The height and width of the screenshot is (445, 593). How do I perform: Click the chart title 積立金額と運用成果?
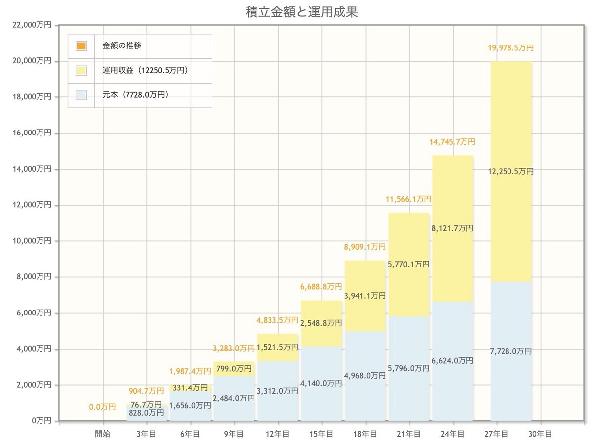(x=301, y=12)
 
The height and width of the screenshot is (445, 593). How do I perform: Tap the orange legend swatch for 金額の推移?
(x=82, y=46)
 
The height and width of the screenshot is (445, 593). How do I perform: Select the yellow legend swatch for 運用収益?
(x=82, y=71)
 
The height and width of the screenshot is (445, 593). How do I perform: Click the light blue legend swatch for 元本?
(x=82, y=95)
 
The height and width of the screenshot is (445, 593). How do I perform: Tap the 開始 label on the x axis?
(x=103, y=434)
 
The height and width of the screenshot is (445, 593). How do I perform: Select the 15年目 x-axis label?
(x=322, y=434)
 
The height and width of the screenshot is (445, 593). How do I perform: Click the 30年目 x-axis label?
(x=540, y=434)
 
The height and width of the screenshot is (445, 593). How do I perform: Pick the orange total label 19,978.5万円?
(x=510, y=48)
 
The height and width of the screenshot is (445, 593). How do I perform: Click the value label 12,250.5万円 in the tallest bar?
(x=510, y=171)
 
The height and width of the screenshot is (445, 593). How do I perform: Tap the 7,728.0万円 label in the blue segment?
(x=510, y=351)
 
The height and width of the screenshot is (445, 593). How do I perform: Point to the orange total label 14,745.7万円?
(x=453, y=142)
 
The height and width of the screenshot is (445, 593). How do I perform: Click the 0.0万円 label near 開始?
(x=103, y=407)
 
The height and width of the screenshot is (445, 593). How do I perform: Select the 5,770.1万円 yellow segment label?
(x=408, y=265)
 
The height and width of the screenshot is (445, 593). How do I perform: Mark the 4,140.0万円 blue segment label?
(x=321, y=383)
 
